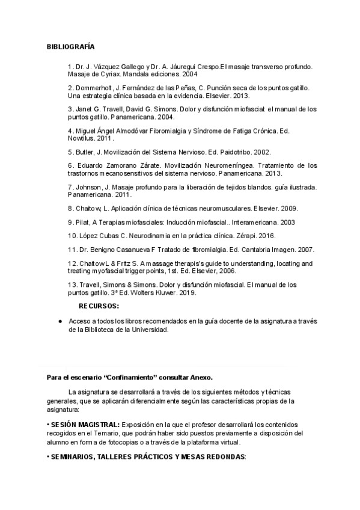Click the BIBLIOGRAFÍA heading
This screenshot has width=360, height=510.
70,46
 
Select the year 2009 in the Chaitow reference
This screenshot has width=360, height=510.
288,208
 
